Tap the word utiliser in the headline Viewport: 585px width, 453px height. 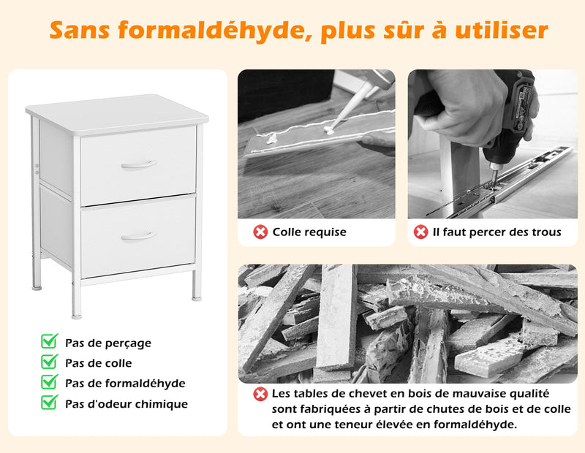[x=502, y=29]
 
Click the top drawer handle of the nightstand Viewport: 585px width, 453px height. [x=139, y=164]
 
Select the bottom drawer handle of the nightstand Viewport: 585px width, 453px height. [x=139, y=237]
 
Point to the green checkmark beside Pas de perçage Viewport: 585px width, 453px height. [x=50, y=341]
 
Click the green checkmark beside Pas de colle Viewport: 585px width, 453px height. [x=50, y=361]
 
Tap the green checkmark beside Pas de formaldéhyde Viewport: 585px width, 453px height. [x=50, y=382]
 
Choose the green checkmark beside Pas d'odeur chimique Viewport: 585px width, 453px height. [x=50, y=403]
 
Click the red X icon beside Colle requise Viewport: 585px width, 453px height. [x=260, y=232]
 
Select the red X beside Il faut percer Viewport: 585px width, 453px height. [x=420, y=232]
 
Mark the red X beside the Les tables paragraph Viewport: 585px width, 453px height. [x=260, y=394]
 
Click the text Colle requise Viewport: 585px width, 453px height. [x=309, y=232]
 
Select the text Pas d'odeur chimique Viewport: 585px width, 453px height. [x=127, y=404]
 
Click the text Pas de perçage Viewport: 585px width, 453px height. [x=108, y=343]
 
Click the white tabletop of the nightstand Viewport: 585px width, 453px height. [x=117, y=113]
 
